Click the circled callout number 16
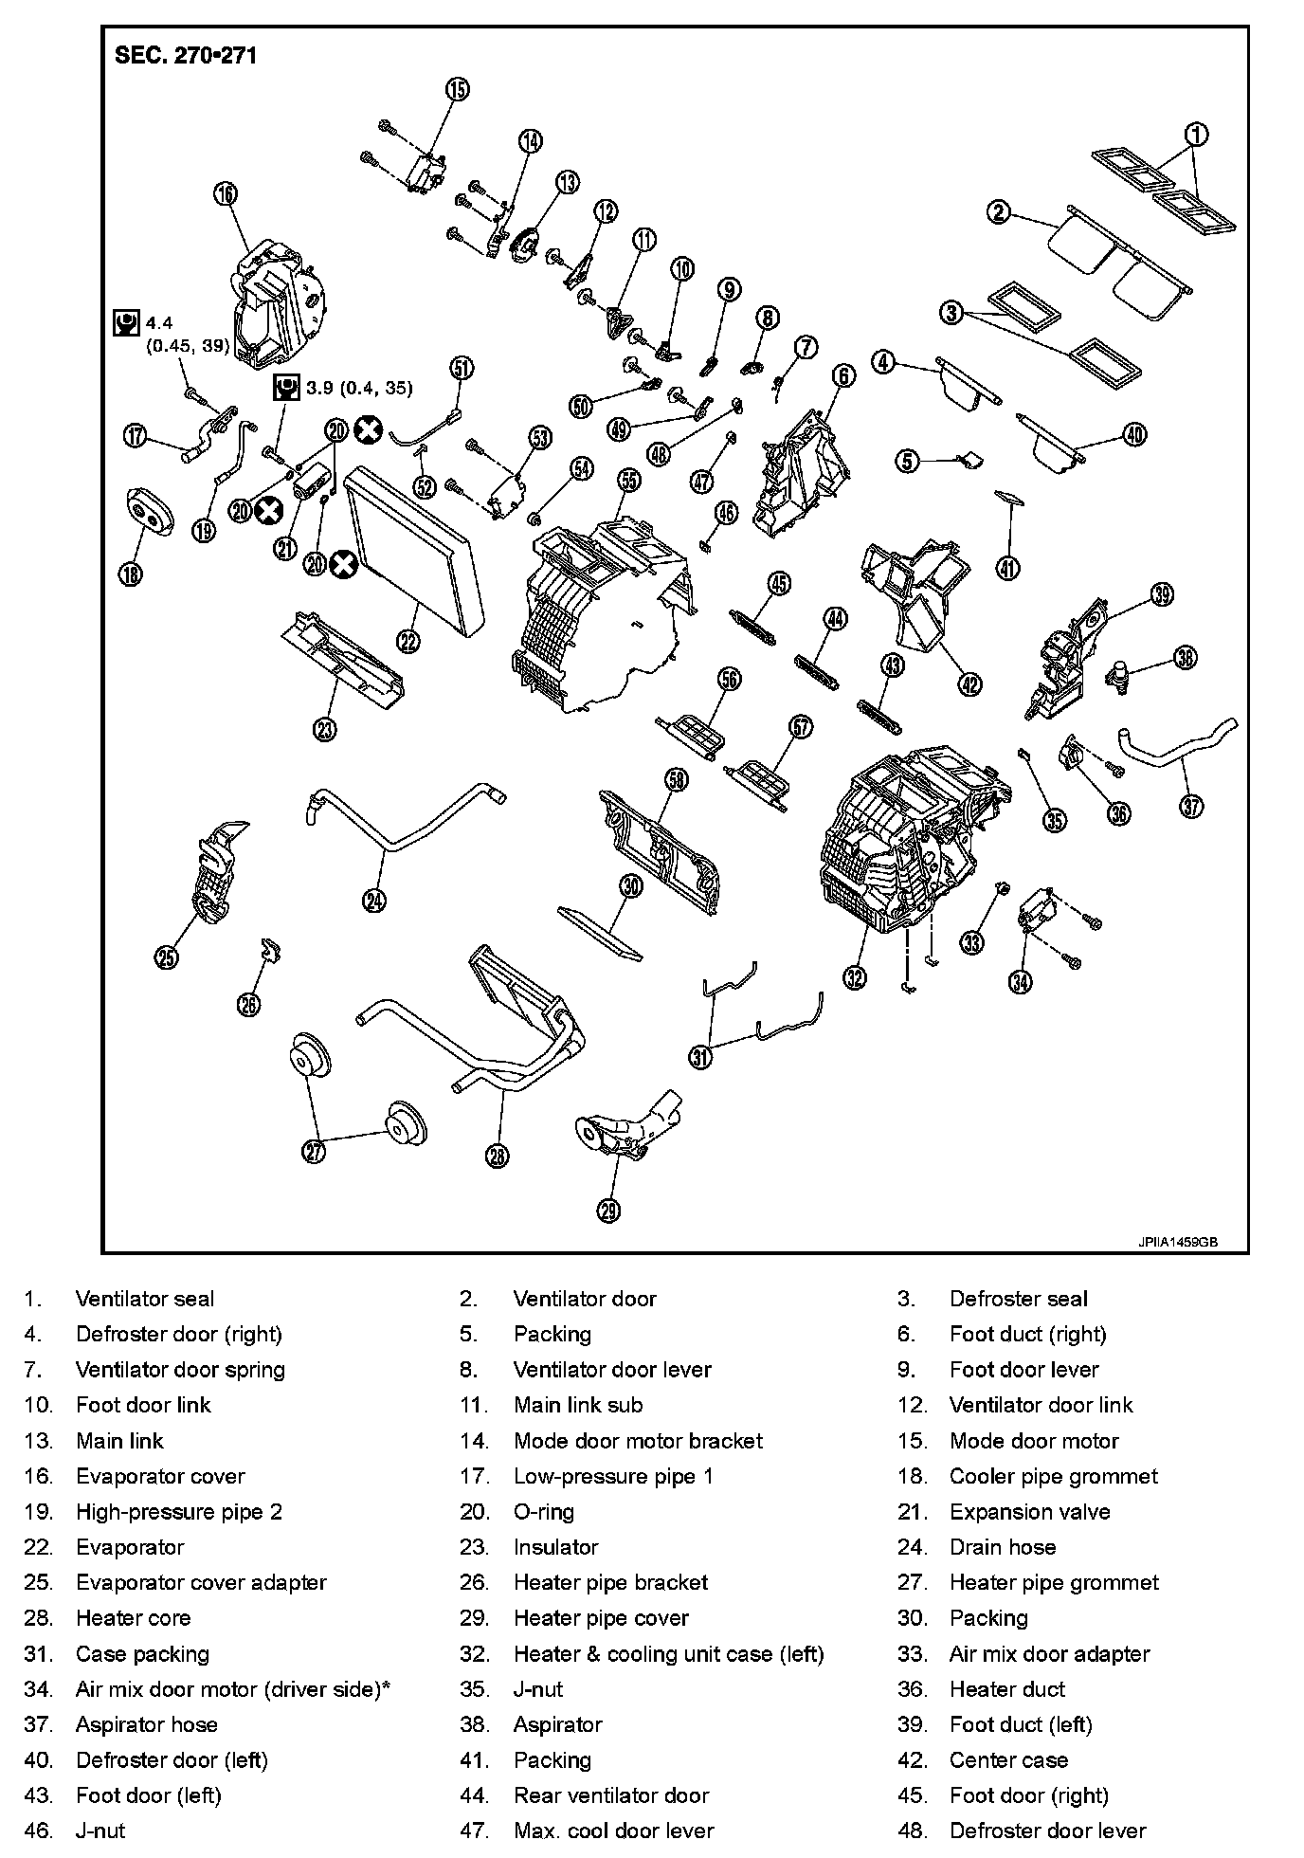[x=226, y=194]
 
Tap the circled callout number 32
[x=855, y=977]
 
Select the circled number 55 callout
[x=629, y=481]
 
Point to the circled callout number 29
[x=608, y=1210]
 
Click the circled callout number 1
[x=1196, y=135]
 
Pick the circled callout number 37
[x=1191, y=806]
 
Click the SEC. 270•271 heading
[x=185, y=55]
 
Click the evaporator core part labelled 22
[x=417, y=550]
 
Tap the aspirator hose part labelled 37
[x=1175, y=749]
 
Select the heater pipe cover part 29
[x=621, y=1128]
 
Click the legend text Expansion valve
[x=1029, y=1512]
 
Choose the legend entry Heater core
[x=133, y=1618]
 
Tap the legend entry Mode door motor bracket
[x=638, y=1441]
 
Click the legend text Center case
[x=1008, y=1760]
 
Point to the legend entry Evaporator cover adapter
[x=201, y=1583]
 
